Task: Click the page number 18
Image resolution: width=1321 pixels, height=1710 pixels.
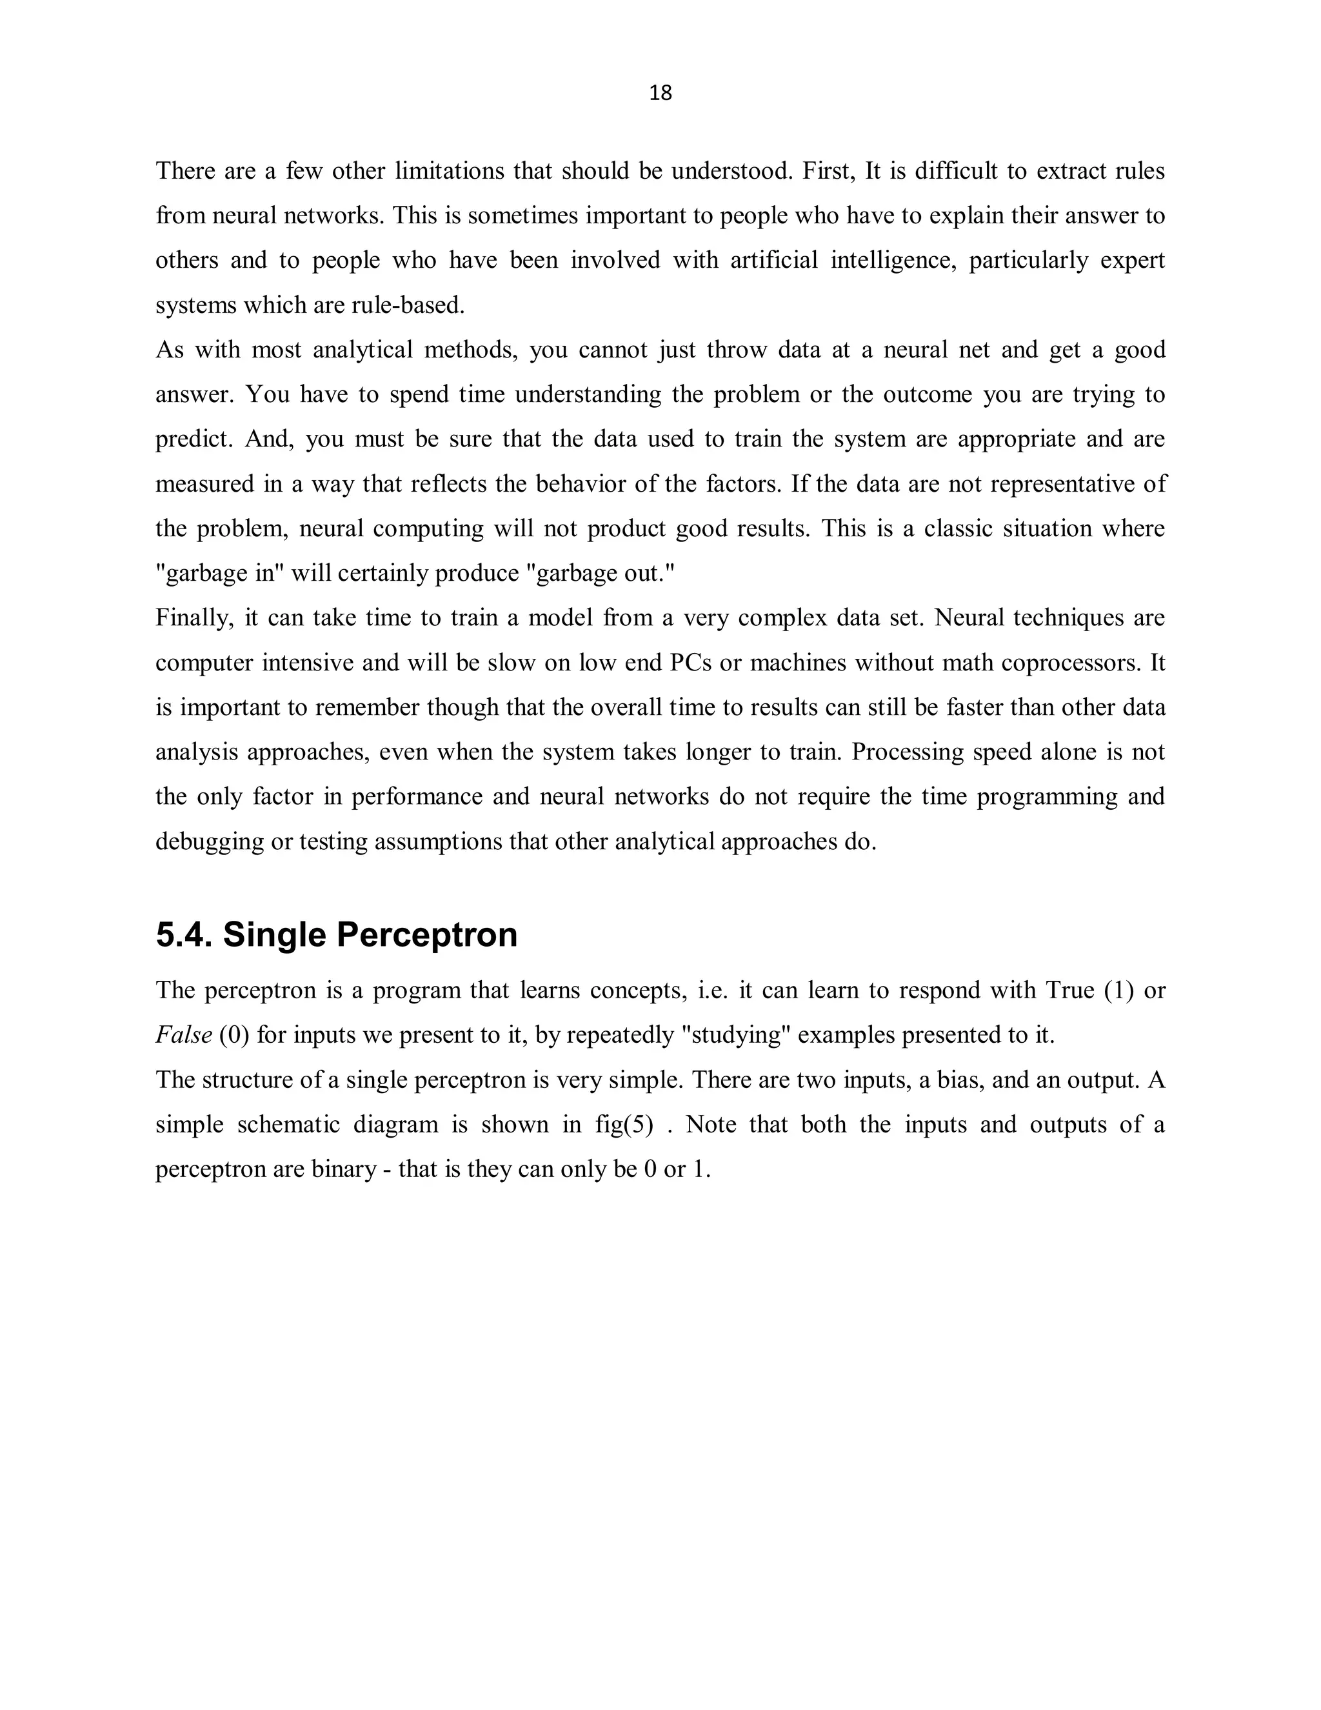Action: pos(660,93)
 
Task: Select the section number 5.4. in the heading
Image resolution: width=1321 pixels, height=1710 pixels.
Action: pos(184,935)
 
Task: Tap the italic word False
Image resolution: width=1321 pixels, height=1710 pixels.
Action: pos(184,1036)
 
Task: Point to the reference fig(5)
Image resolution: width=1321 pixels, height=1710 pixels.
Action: pos(624,1125)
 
